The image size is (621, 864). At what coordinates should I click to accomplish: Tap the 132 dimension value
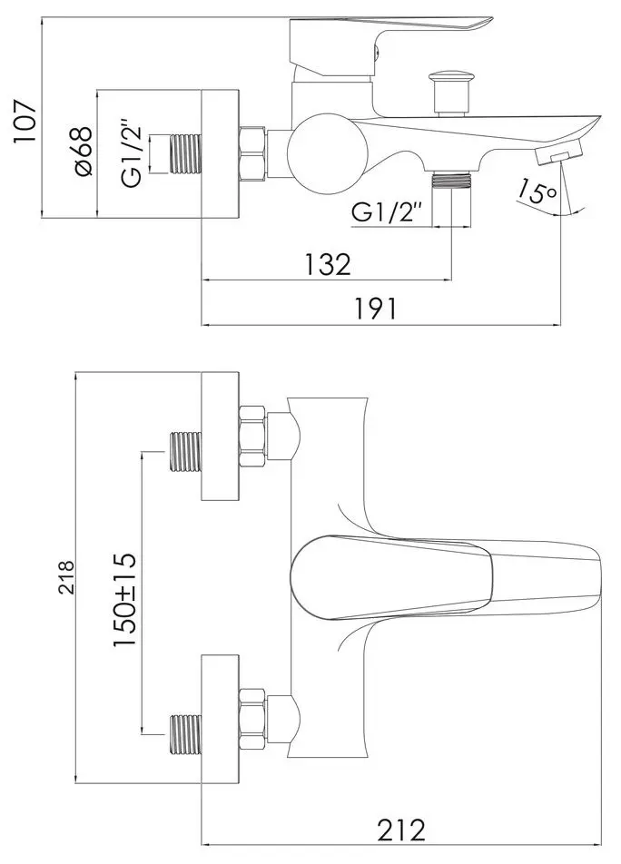tap(327, 264)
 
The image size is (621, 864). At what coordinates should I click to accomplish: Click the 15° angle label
tap(534, 192)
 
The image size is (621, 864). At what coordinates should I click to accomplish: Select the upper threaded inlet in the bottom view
tap(185, 451)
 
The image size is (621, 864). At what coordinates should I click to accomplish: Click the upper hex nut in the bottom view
tap(253, 431)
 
